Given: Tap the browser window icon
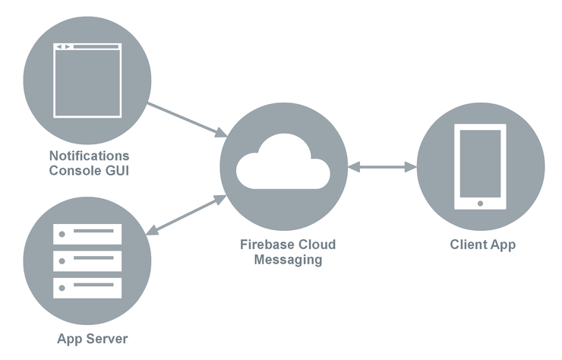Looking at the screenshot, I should coord(87,81).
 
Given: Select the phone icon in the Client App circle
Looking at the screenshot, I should coord(480,166).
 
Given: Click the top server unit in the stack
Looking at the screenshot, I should coord(87,232).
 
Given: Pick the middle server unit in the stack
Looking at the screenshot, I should coord(87,260).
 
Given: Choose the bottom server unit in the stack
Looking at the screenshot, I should coord(87,287).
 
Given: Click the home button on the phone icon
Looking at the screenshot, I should coord(480,203).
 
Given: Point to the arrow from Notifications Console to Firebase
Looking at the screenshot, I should coord(187,120).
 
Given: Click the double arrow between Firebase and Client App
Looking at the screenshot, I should coord(382,166).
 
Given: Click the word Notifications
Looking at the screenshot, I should coord(90,156).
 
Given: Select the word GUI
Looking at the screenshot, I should coord(116,170).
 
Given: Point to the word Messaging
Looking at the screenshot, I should coord(288,259).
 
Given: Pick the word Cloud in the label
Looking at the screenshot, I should coord(315,245).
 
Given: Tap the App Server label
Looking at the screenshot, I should coord(92,338).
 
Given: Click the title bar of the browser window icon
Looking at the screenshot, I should coord(87,47).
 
